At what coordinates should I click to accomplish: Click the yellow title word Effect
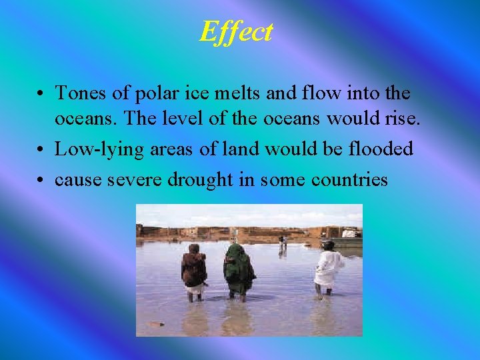[236, 31]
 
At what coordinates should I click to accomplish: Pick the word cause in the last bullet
[75, 179]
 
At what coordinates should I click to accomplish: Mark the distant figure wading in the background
[283, 245]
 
